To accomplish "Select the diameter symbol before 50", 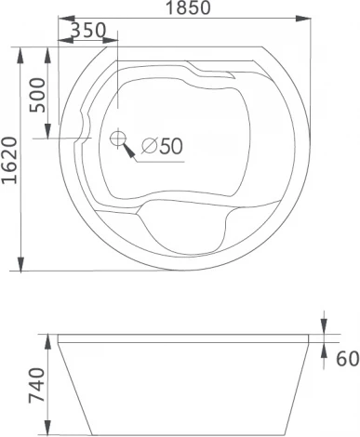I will point(144,146).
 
